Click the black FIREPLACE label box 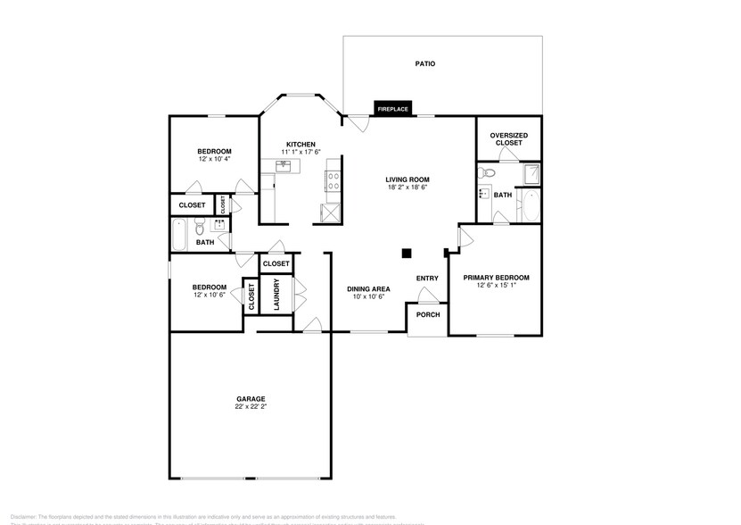(x=393, y=109)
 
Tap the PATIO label (x=425, y=64)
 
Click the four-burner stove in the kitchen (x=333, y=181)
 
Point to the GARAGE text (x=251, y=398)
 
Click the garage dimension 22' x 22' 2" (x=251, y=406)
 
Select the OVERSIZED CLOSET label (x=508, y=138)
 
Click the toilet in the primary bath (x=485, y=193)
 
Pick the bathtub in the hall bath (x=177, y=237)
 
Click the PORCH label (x=428, y=314)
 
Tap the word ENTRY (x=427, y=279)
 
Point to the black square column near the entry (x=406, y=253)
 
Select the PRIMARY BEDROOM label (x=496, y=278)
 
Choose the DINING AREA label (x=368, y=288)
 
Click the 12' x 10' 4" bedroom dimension (x=214, y=159)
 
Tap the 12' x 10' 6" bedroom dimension (x=210, y=295)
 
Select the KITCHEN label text (x=300, y=145)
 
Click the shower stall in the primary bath (x=531, y=173)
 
